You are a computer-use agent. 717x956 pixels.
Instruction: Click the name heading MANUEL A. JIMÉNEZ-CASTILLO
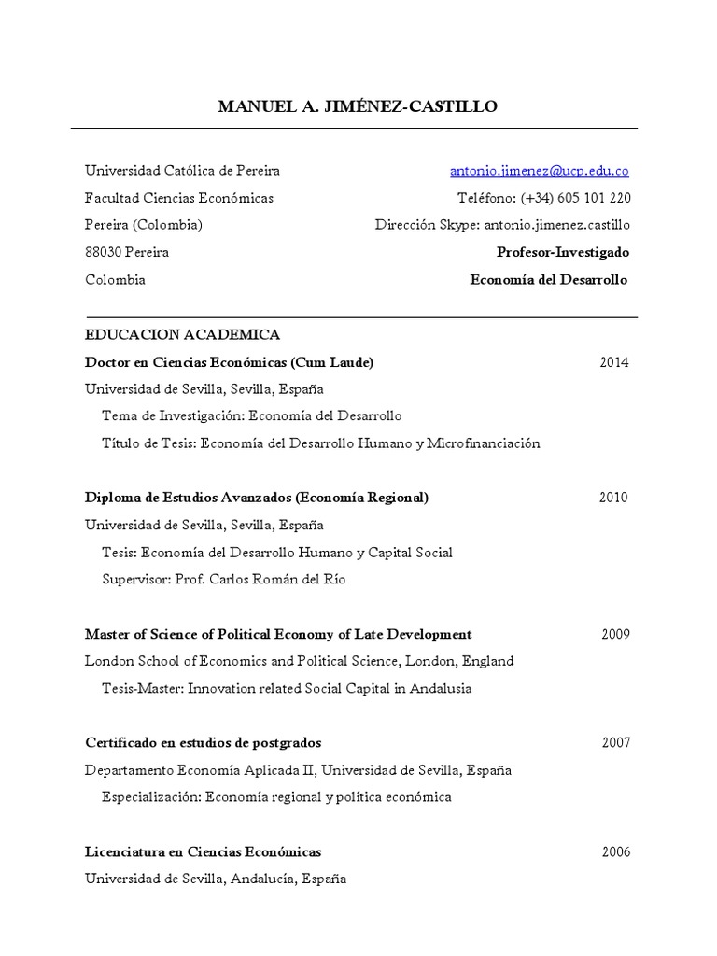pos(358,106)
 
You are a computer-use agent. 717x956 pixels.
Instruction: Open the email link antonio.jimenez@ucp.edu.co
pos(539,171)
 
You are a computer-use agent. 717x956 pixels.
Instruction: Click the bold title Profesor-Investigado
pos(562,252)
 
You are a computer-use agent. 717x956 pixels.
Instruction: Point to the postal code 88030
pos(104,252)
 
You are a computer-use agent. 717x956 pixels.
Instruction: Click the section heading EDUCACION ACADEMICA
pos(182,334)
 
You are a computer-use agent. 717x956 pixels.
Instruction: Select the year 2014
pos(613,362)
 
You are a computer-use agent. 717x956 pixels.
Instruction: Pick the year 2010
pos(613,498)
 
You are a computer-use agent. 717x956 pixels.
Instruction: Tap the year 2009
pos(615,634)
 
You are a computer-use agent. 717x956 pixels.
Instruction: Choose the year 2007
pos(615,743)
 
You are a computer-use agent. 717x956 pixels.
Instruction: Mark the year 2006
pos(615,851)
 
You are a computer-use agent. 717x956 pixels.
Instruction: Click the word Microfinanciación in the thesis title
pos(483,443)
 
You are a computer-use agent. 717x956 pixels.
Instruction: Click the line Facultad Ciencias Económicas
pos(179,198)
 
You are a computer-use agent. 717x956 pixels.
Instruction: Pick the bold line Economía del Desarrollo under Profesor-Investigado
pos(548,279)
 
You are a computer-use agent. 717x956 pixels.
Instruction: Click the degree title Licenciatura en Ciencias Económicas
pos(203,851)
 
